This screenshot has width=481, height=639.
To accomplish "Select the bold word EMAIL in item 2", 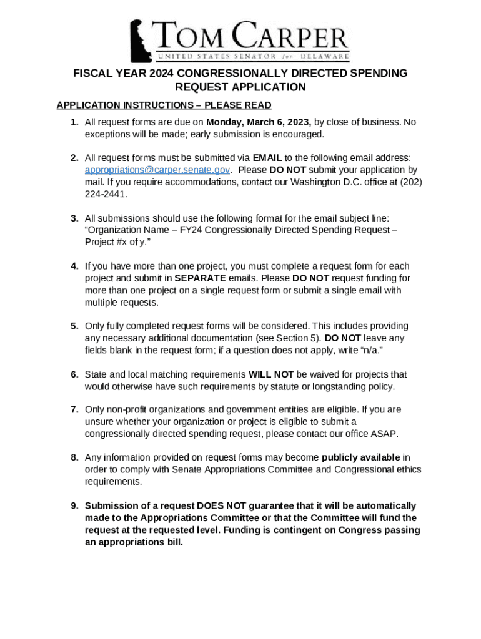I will (x=268, y=158).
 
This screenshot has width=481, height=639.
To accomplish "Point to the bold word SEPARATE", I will (x=201, y=278).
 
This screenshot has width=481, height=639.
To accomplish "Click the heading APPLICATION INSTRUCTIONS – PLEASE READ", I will (x=164, y=105).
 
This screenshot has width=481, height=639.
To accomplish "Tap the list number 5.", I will (x=74, y=326).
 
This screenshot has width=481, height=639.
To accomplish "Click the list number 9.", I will (x=74, y=505).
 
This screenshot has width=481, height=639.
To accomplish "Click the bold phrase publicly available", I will (x=361, y=457).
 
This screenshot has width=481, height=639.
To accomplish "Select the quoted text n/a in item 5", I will (x=367, y=350).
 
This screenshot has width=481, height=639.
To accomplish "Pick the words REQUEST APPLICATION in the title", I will (x=241, y=87).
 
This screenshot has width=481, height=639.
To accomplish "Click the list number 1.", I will (x=74, y=122).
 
